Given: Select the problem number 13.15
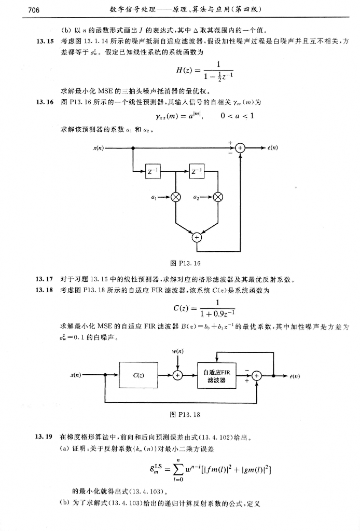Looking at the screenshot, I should (x=44, y=41).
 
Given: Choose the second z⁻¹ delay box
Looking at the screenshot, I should (x=197, y=171).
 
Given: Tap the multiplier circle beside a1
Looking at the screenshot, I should (x=176, y=197).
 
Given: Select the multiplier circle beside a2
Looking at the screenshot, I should (x=218, y=197).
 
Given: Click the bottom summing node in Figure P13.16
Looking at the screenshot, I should (x=197, y=238).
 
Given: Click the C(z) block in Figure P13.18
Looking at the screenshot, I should (x=139, y=374).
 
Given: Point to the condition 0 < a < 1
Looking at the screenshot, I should (x=237, y=116).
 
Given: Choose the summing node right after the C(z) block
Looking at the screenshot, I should (x=178, y=374).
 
